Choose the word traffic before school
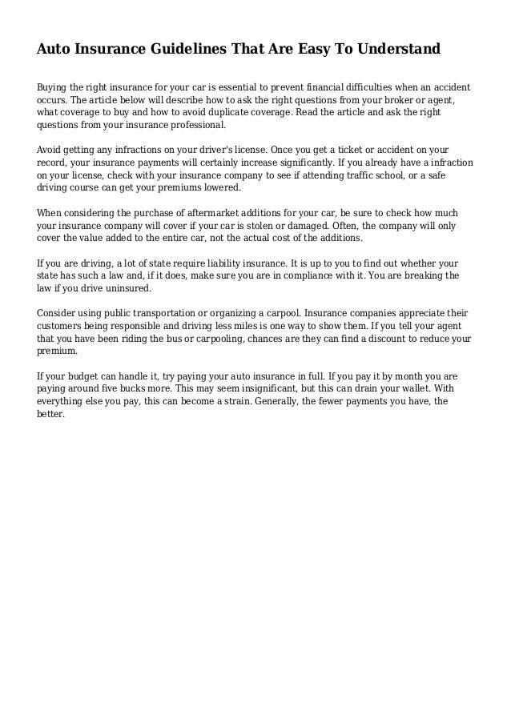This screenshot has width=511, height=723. point(387,175)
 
